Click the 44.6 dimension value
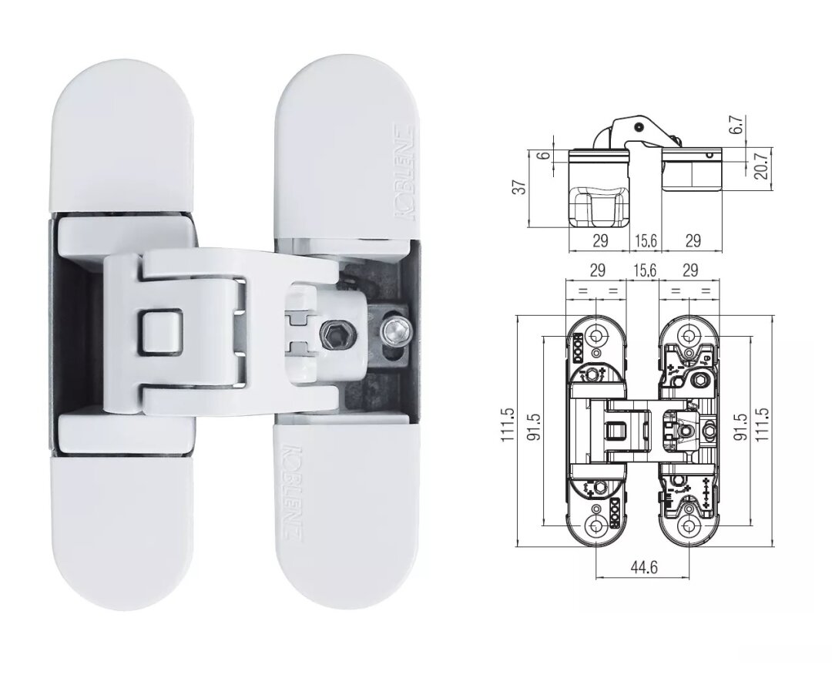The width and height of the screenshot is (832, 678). [643, 568]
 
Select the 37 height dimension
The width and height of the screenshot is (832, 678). [522, 187]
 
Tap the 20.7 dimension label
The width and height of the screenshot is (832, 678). [761, 166]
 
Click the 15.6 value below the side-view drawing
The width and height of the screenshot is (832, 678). [645, 241]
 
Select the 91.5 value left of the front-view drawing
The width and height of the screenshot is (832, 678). [534, 427]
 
